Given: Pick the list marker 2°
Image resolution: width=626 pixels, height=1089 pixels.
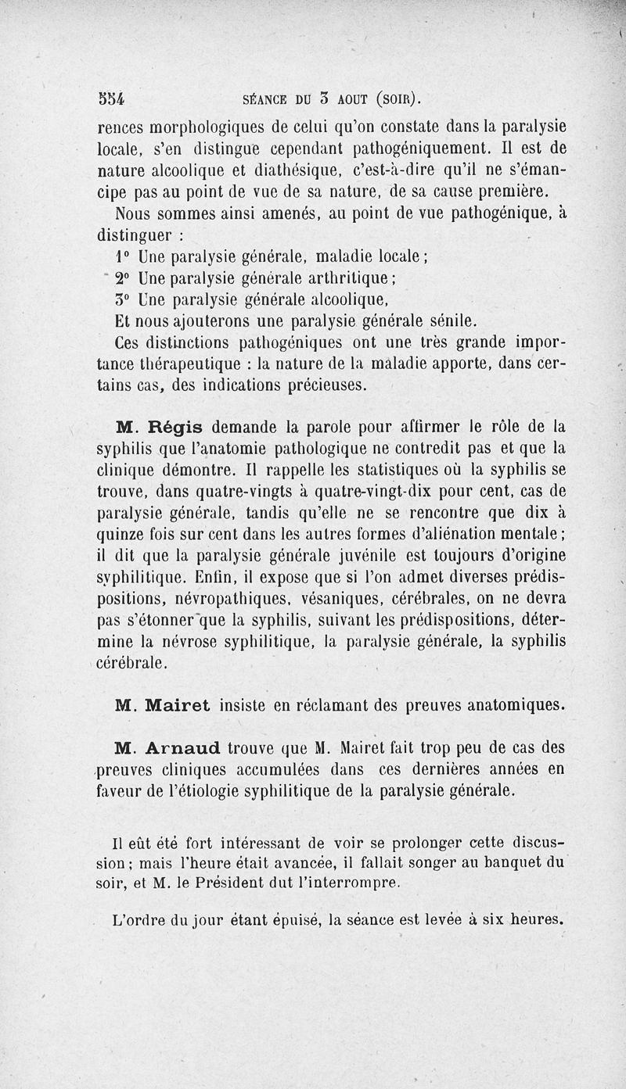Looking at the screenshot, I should [x=124, y=278].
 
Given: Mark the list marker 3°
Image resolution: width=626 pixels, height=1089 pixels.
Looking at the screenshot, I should [x=124, y=299].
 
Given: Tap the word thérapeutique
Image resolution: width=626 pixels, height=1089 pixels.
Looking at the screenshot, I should [x=191, y=364].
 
